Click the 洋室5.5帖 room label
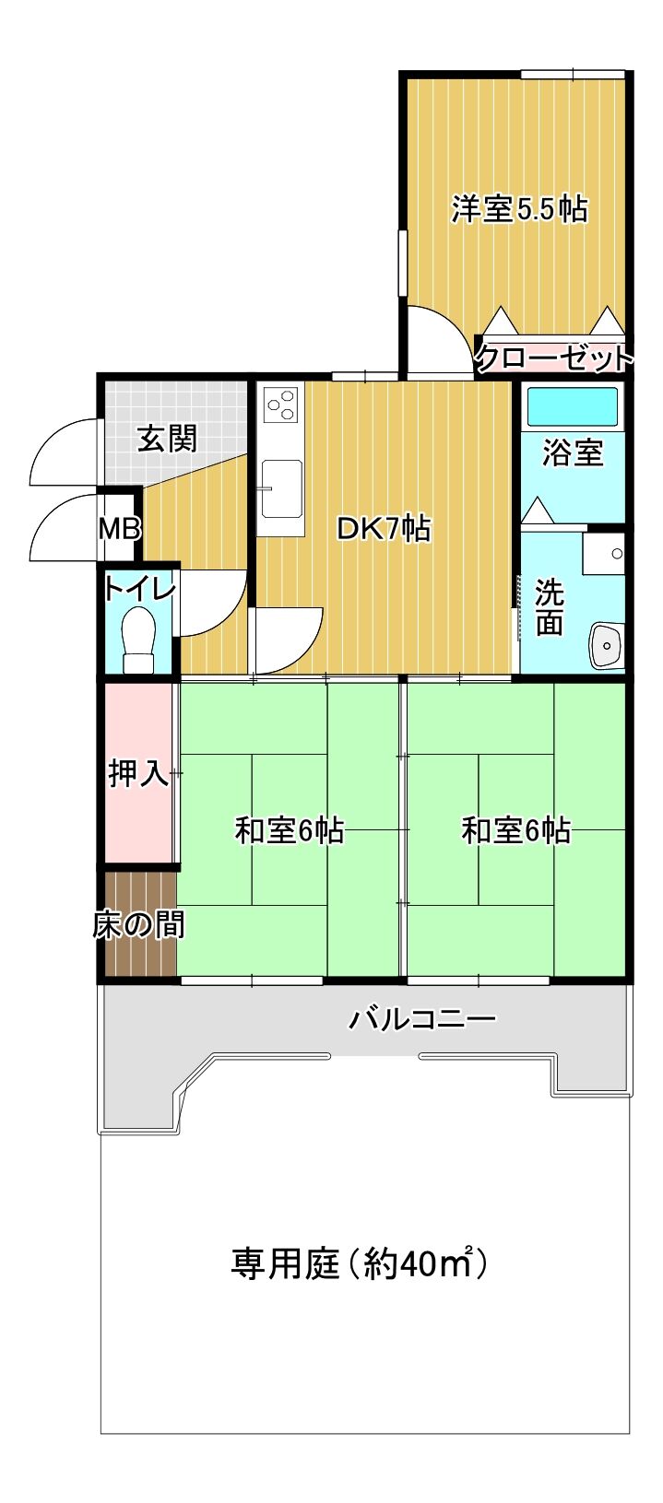pyautogui.click(x=518, y=208)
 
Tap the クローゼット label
pyautogui.click(x=554, y=358)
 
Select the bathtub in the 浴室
pyautogui.click(x=573, y=406)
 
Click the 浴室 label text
pyautogui.click(x=573, y=452)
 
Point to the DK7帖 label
pyautogui.click(x=383, y=529)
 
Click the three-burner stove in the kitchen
pyautogui.click(x=281, y=404)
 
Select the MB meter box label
pyautogui.click(x=120, y=529)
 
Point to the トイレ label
pyautogui.click(x=140, y=590)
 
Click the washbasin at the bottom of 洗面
pyautogui.click(x=606, y=645)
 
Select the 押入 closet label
pyautogui.click(x=138, y=773)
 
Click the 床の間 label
pyautogui.click(x=138, y=924)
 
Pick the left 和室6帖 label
pyautogui.click(x=289, y=830)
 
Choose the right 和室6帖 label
pyautogui.click(x=515, y=830)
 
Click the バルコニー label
pyautogui.click(x=421, y=1018)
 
